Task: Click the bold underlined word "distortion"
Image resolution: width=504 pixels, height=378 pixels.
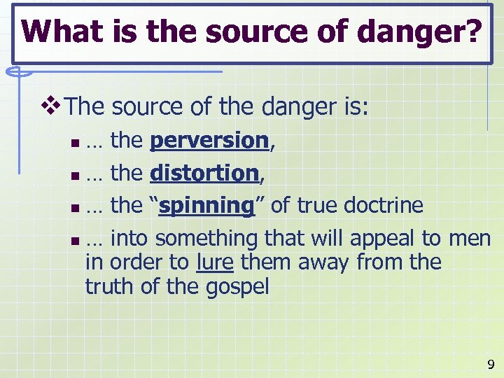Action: click(205, 173)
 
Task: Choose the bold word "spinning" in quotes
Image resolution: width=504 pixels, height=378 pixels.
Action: click(206, 206)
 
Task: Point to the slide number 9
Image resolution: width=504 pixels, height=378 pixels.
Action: click(490, 364)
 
